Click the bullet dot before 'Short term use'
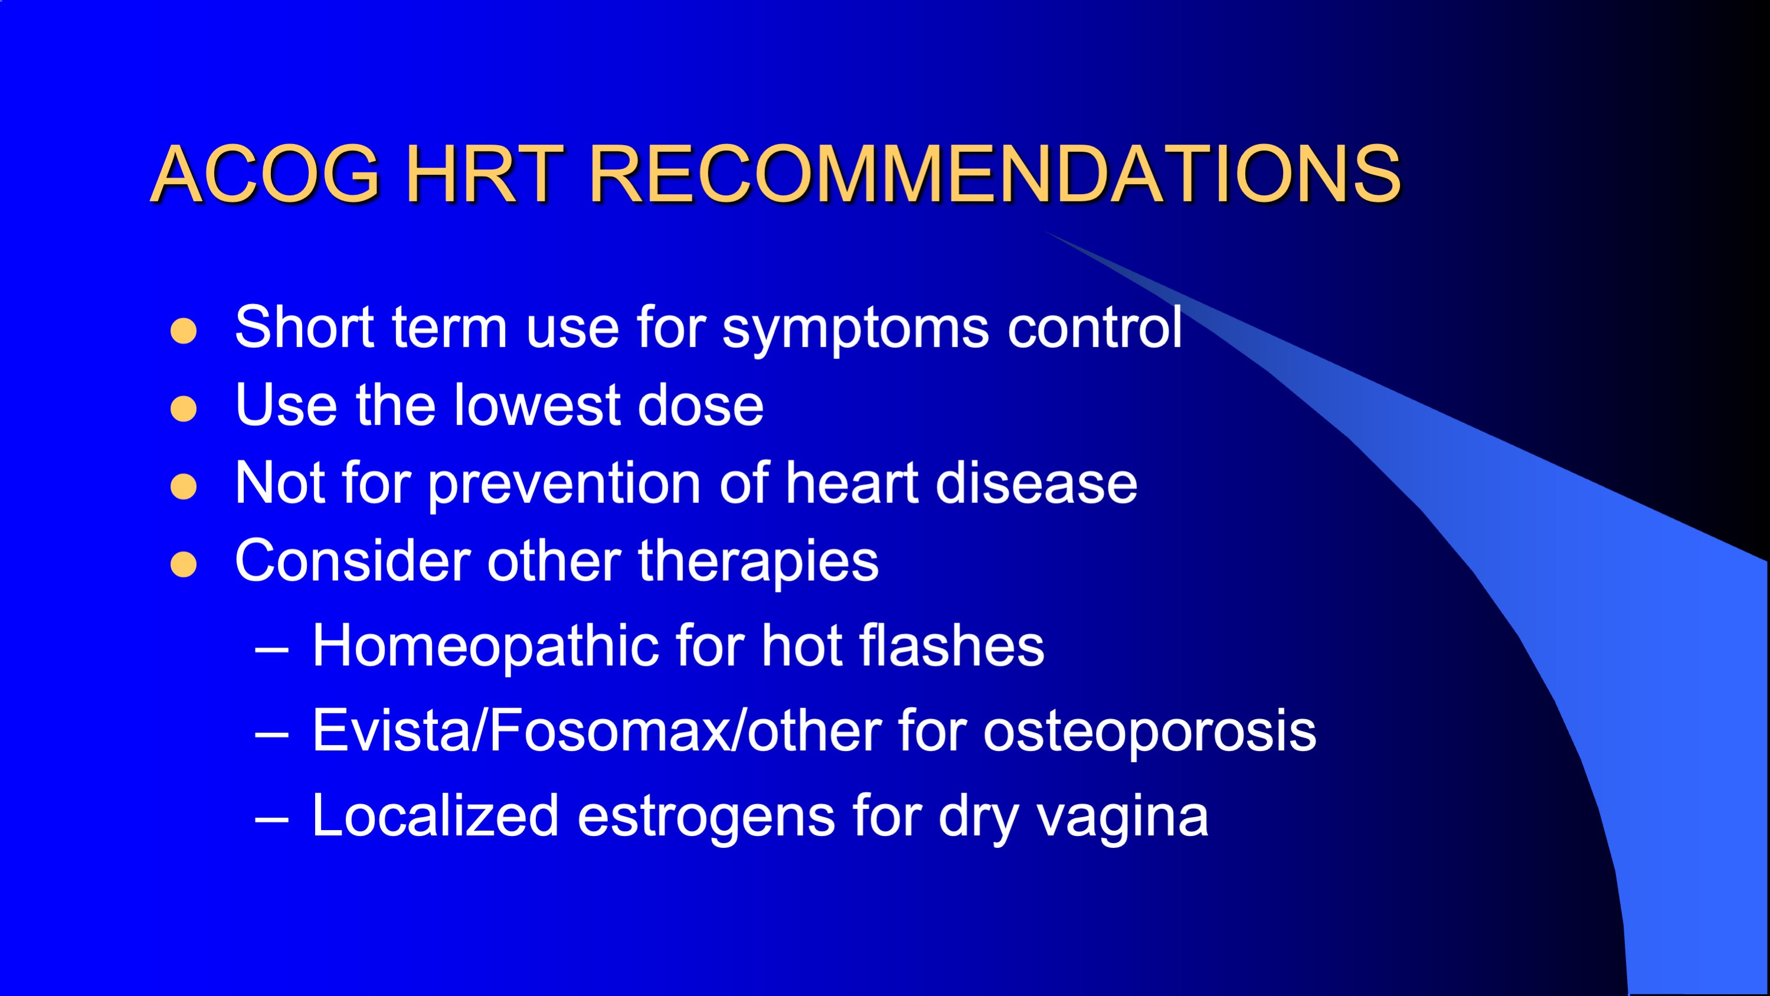(x=184, y=331)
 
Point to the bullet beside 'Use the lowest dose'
(x=184, y=409)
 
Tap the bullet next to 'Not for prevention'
(x=184, y=486)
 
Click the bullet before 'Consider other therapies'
(x=184, y=564)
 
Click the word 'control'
(x=1095, y=327)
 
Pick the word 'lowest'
(x=536, y=405)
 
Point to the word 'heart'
(x=852, y=482)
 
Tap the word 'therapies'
(x=758, y=564)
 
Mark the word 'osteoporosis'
(x=1150, y=733)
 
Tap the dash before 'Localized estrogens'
(x=271, y=819)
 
